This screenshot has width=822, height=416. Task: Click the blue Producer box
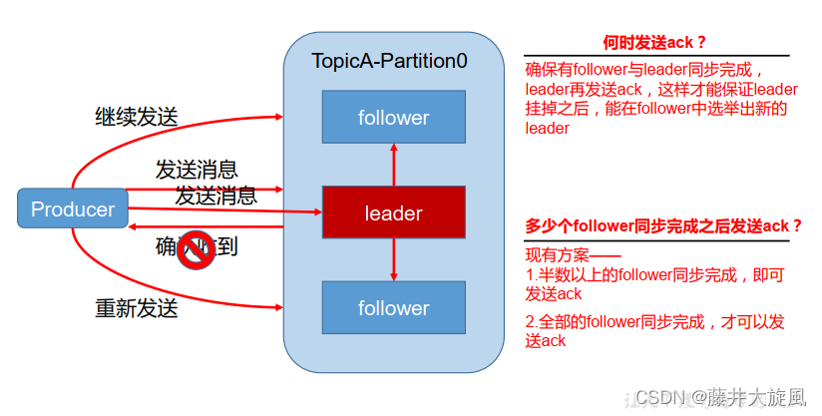(73, 209)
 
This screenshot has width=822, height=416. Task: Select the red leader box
(393, 212)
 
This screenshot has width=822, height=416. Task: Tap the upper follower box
(393, 117)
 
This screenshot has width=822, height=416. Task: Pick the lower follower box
(393, 307)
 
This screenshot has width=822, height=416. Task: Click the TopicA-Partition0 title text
(389, 61)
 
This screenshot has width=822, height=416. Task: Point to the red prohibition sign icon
(197, 251)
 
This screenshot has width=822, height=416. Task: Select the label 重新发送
(137, 308)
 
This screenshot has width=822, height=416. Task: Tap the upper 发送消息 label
(197, 169)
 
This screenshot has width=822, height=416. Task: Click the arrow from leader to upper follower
(394, 163)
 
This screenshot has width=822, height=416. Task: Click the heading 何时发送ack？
(655, 42)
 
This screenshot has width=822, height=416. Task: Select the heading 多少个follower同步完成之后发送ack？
(663, 225)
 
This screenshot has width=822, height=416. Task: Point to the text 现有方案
(560, 255)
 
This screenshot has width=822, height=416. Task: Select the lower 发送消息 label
(215, 195)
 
